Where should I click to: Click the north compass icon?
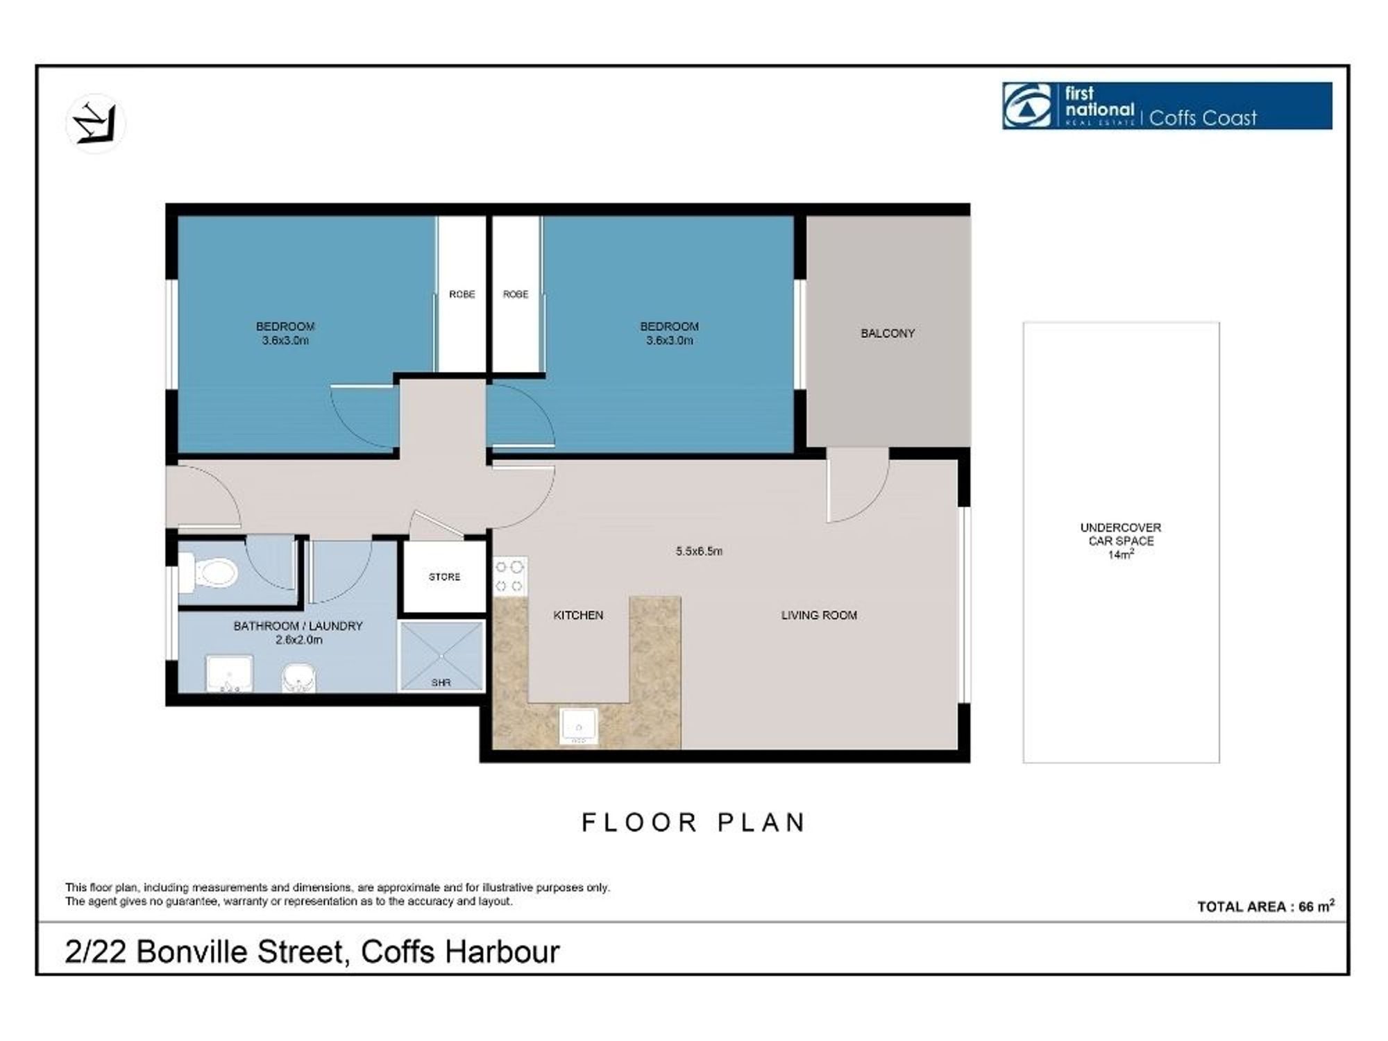click(x=96, y=124)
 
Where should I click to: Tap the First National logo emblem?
click(x=1028, y=105)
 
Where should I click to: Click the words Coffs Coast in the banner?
click(x=1203, y=118)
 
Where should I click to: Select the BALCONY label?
click(x=888, y=333)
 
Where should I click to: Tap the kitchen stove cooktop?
click(x=509, y=577)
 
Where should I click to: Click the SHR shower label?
click(x=441, y=683)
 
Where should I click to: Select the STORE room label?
click(x=444, y=577)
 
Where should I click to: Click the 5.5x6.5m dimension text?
click(x=699, y=551)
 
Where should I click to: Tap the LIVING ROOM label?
click(x=819, y=615)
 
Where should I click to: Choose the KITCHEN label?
click(x=578, y=615)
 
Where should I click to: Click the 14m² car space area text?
click(x=1121, y=555)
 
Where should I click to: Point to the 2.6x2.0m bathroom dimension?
click(x=298, y=640)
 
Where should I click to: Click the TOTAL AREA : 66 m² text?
click(x=1266, y=906)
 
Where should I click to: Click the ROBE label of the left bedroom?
click(x=462, y=294)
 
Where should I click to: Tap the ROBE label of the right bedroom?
click(x=516, y=294)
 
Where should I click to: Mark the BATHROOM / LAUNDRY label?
click(x=298, y=626)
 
